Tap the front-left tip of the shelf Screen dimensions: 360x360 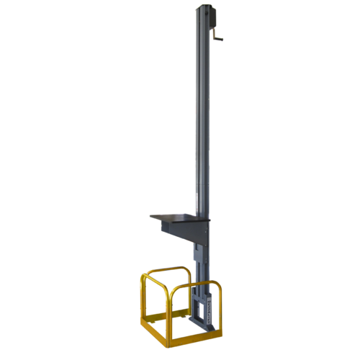[x=151, y=216]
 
